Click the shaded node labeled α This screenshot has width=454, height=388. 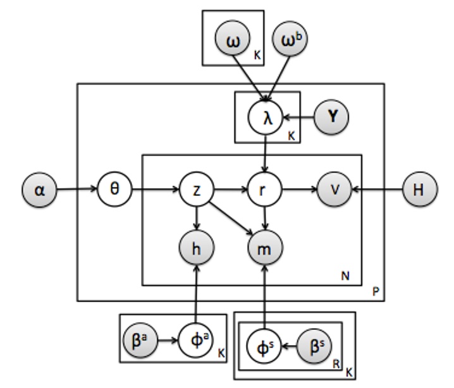coord(40,189)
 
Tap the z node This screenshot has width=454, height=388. coord(197,189)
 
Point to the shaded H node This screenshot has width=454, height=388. coord(419,189)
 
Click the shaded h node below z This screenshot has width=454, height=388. coord(197,246)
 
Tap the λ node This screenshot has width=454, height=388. coord(267,118)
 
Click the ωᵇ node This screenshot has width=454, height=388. coord(289,42)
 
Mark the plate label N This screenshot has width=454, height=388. coord(345,276)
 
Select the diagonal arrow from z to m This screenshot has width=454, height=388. coord(231,218)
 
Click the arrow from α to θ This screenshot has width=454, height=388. coord(77,189)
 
